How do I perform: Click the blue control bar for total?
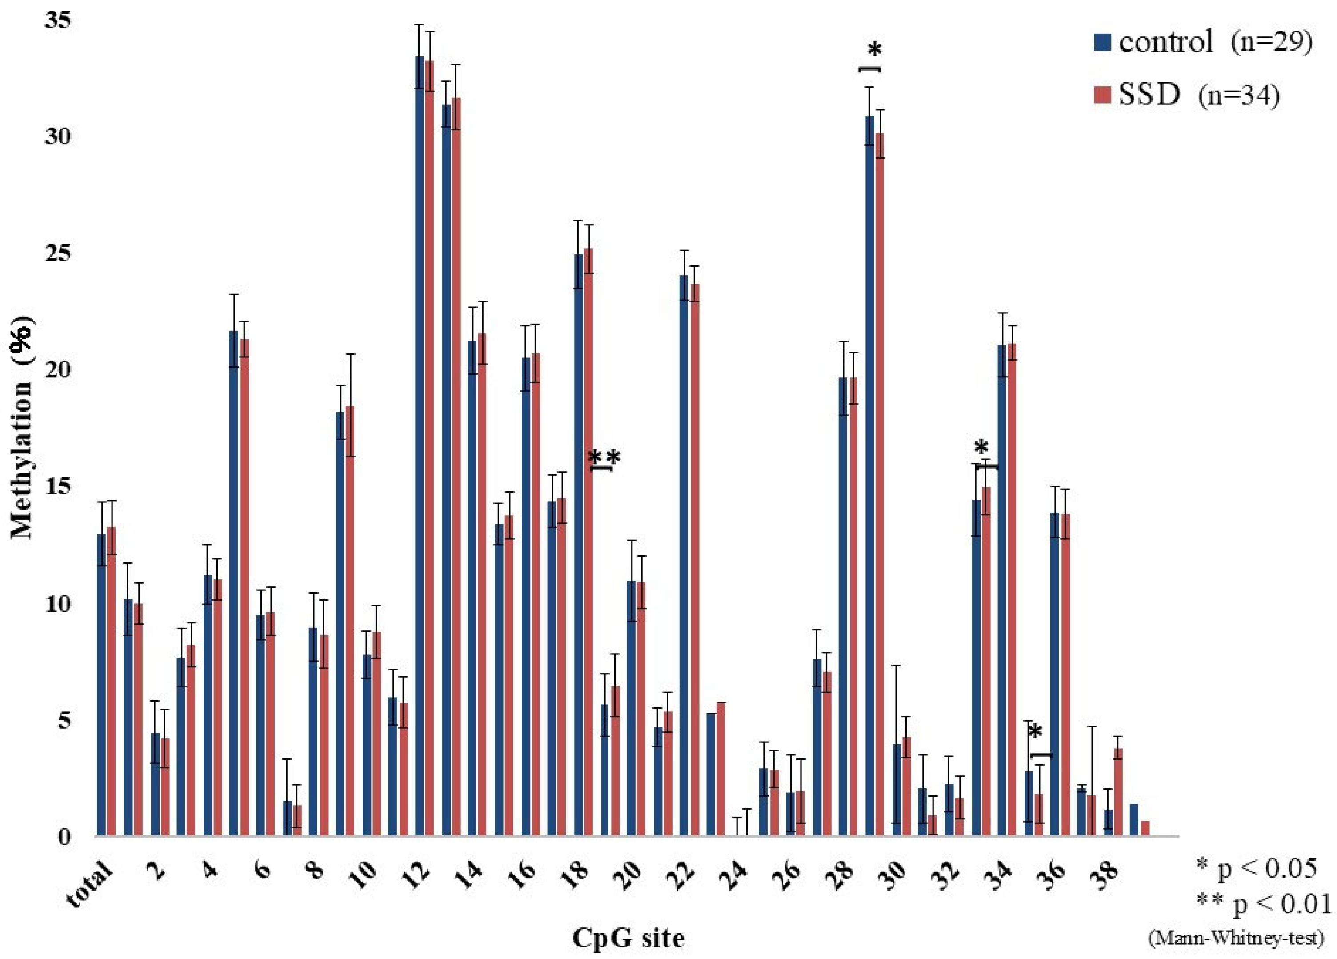(x=102, y=684)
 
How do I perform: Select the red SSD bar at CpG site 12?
(x=429, y=448)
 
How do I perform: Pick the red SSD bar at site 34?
(x=1012, y=590)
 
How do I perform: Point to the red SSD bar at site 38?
(x=1118, y=793)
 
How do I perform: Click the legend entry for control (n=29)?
(x=1203, y=43)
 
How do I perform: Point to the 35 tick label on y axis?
(x=58, y=20)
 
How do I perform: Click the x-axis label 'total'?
(x=88, y=885)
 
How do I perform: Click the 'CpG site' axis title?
(x=628, y=937)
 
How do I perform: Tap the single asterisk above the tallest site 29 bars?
(x=875, y=51)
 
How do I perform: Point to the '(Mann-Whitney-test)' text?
(x=1236, y=938)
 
